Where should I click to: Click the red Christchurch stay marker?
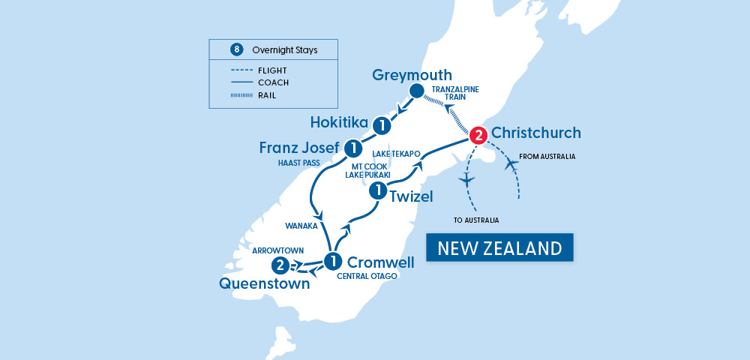(x=478, y=136)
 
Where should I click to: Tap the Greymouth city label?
(x=412, y=75)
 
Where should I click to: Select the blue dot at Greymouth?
(x=416, y=91)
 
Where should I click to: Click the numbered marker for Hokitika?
(x=382, y=125)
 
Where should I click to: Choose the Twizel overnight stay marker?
(x=379, y=192)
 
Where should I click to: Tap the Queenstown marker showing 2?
(x=280, y=265)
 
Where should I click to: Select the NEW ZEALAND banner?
(x=499, y=248)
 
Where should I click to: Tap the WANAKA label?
(x=303, y=225)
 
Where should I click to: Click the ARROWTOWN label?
(x=277, y=249)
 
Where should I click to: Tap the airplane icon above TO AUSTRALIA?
(x=466, y=180)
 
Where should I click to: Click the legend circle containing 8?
(x=237, y=50)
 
